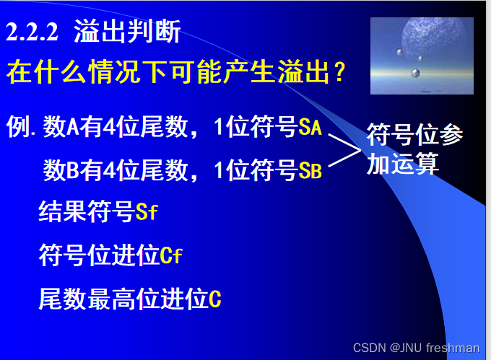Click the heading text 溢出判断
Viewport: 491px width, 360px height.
[126, 32]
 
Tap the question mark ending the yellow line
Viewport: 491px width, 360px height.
[336, 72]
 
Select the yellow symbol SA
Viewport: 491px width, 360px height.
[310, 129]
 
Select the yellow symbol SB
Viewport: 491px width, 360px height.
[310, 171]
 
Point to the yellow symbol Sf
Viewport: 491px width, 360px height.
[147, 213]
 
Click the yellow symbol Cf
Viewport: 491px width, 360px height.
[171, 255]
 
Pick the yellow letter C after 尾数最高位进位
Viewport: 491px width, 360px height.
[214, 299]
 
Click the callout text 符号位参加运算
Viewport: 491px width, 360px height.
[414, 149]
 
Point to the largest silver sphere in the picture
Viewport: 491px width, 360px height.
[415, 73]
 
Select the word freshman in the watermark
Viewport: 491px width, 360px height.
[453, 348]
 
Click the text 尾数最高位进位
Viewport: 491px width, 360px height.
[123, 299]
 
